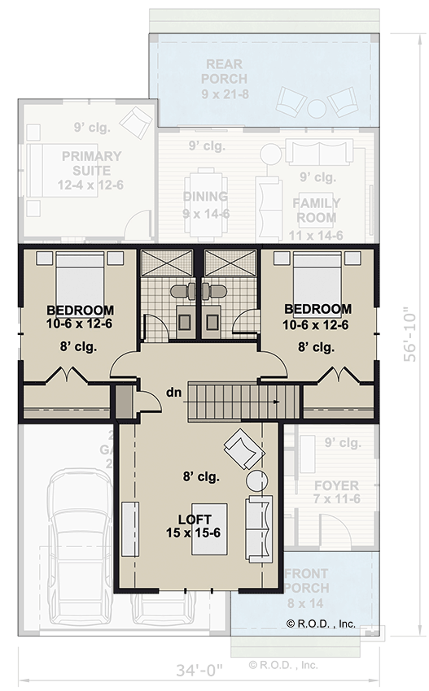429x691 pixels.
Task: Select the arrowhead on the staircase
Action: click(278, 401)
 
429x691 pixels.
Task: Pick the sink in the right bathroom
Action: click(213, 320)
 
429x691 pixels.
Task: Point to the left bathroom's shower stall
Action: click(157, 263)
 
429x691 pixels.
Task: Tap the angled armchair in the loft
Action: click(243, 447)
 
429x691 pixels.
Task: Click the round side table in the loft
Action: click(257, 480)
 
